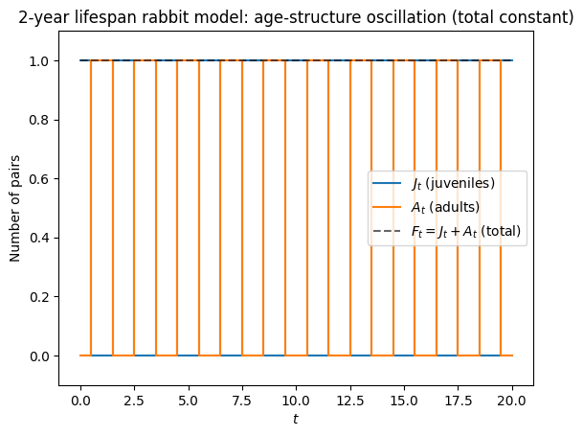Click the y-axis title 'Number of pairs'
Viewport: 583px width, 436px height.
point(15,209)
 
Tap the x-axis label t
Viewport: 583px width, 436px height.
point(297,419)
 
